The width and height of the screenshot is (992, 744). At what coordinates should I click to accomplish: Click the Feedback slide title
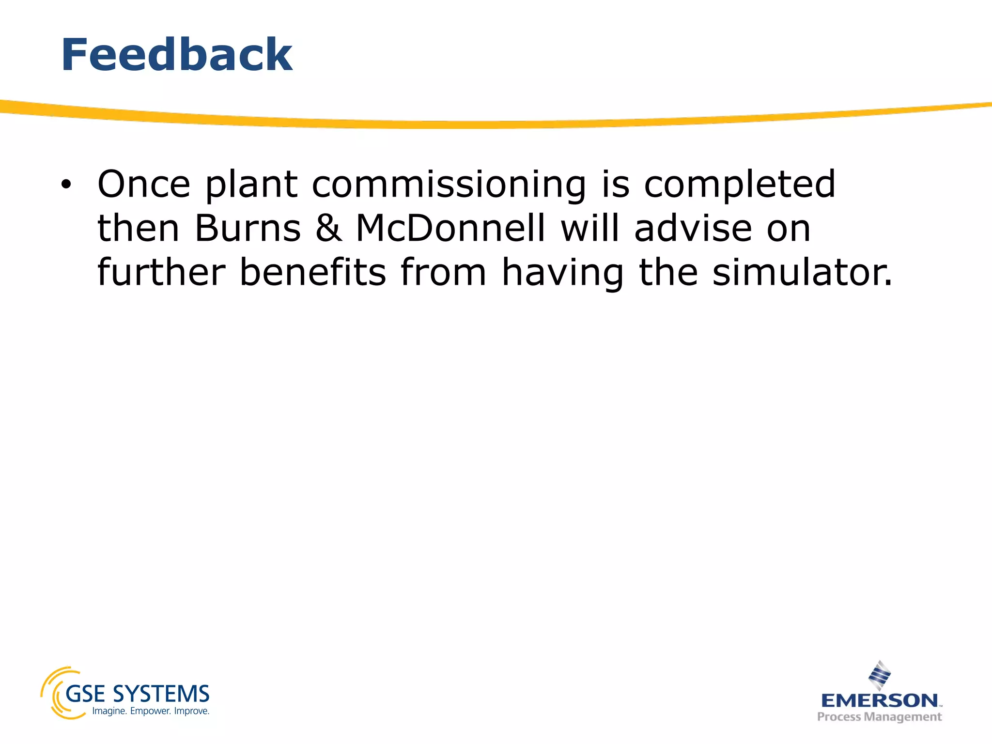coord(176,55)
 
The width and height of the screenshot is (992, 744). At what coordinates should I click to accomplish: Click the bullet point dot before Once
coord(66,185)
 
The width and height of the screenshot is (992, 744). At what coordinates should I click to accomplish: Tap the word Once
coord(144,185)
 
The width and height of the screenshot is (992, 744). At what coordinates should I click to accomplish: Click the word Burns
coord(248,229)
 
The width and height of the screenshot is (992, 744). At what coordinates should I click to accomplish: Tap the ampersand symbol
coord(328,229)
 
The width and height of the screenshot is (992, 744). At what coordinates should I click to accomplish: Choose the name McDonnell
coord(450,229)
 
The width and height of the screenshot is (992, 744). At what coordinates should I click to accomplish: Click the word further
coord(161,272)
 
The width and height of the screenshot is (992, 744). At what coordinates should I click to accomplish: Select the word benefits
coord(312,272)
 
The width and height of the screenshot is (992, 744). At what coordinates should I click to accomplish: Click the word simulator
coord(802,272)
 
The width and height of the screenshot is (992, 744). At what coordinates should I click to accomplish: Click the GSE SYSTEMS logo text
coord(137,694)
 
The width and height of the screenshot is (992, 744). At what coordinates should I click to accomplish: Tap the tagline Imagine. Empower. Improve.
coord(151,711)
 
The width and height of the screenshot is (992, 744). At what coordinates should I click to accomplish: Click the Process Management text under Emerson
coord(879,717)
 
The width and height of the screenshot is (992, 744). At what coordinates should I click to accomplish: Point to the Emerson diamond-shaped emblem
coord(880,675)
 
